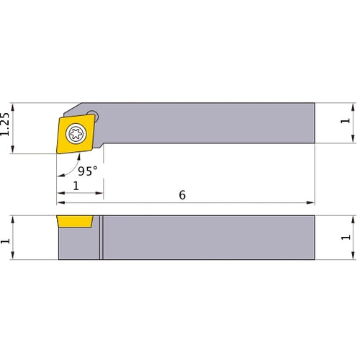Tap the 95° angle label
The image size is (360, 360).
point(88,172)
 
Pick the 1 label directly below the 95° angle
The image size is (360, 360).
point(77,186)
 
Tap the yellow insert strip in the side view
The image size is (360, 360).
point(75,220)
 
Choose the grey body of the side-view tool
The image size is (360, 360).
point(209,238)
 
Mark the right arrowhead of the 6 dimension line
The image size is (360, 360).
point(311,202)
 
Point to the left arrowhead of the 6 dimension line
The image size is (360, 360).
point(60,202)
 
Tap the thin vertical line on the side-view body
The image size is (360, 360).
point(102,238)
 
